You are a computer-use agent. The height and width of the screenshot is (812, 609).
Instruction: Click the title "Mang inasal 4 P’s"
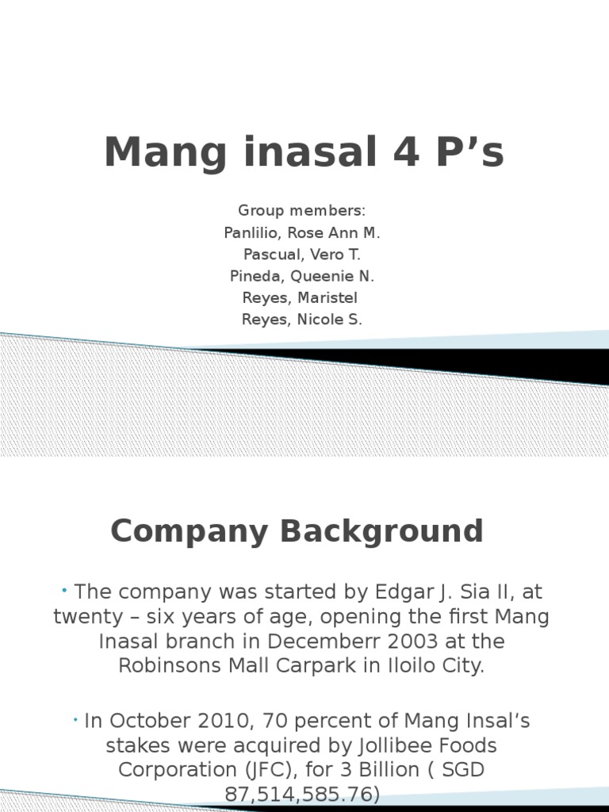point(304,152)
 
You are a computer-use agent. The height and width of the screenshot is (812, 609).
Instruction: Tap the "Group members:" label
point(302,211)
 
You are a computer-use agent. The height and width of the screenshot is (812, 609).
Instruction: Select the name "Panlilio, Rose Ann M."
point(302,233)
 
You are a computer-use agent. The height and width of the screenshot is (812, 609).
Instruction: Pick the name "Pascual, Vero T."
point(302,255)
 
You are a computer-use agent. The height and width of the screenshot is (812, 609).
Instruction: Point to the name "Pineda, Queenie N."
point(302,277)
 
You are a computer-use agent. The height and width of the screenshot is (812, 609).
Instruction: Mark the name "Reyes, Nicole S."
point(301,320)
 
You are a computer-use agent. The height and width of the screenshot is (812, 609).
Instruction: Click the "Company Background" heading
point(297,530)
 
